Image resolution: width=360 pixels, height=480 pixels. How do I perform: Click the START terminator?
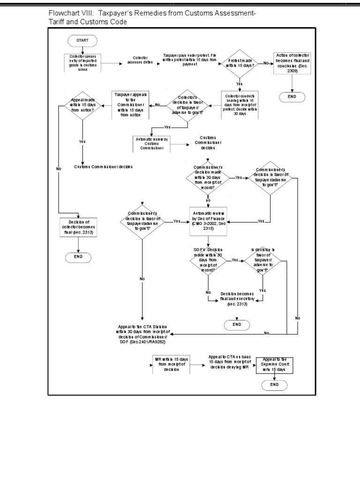tap(82, 41)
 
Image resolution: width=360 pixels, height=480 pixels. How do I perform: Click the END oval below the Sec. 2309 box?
tap(292, 97)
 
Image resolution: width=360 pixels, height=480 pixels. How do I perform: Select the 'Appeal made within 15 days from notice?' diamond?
tap(82, 106)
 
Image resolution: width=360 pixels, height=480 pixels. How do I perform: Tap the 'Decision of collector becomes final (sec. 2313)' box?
tap(78, 227)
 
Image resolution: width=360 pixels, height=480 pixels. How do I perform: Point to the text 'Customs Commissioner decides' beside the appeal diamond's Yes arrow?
tap(104, 167)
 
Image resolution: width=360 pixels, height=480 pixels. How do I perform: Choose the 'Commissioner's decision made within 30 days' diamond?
tap(208, 177)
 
